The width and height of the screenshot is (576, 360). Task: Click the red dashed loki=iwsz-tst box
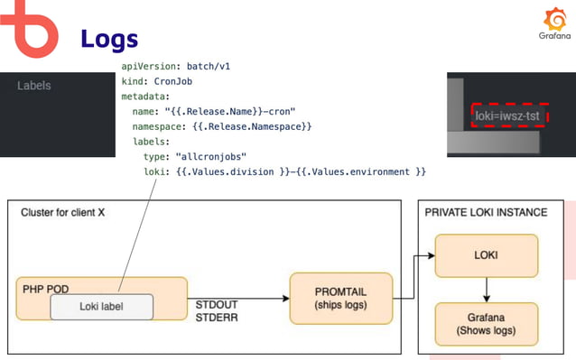[513, 116]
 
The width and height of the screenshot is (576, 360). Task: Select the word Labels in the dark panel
[34, 86]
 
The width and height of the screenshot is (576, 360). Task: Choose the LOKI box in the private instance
[487, 256]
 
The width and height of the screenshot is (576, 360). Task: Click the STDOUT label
[218, 306]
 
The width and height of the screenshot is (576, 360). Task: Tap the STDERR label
[218, 318]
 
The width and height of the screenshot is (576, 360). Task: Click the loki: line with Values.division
[284, 171]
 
